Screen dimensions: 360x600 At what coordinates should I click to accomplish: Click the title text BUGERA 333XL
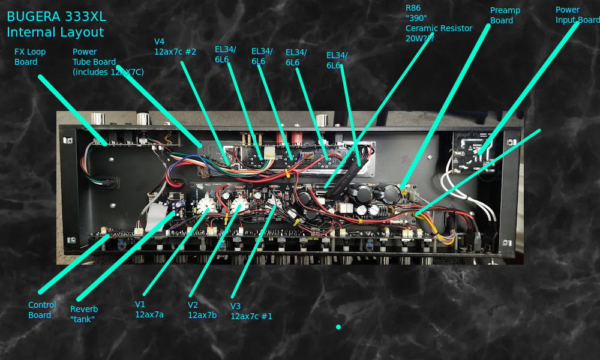(x=56, y=17)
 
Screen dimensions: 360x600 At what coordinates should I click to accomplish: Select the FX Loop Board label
(x=30, y=57)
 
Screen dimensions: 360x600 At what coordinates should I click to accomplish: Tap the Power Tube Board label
(x=108, y=62)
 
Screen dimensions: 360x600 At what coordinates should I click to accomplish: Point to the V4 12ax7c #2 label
(x=175, y=47)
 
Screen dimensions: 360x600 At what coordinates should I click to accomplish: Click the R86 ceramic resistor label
(x=439, y=23)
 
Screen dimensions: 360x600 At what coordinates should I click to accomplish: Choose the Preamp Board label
(x=505, y=16)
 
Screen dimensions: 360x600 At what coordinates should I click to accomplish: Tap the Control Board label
(x=42, y=310)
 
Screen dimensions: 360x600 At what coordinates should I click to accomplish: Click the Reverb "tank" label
(x=84, y=314)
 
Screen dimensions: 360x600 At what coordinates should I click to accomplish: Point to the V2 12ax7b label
(x=202, y=310)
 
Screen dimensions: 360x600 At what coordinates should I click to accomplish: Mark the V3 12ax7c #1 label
(x=251, y=311)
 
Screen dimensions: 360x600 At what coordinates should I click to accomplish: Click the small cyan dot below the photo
(x=338, y=327)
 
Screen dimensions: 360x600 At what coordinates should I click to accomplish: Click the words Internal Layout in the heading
(x=55, y=32)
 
